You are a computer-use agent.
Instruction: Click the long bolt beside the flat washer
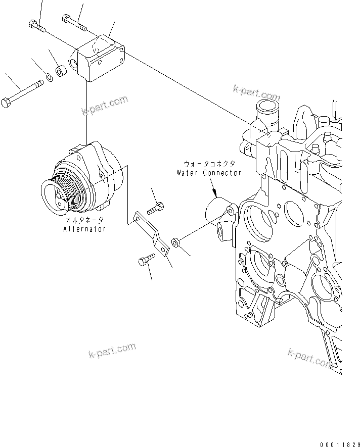tap(23, 94)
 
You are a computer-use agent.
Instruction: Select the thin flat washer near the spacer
tap(50, 77)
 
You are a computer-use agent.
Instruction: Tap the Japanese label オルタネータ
tap(84, 221)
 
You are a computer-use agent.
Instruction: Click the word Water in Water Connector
tap(189, 173)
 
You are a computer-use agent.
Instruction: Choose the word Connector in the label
tap(222, 173)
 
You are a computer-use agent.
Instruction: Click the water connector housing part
tap(222, 217)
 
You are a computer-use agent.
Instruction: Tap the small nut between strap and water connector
tap(175, 243)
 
